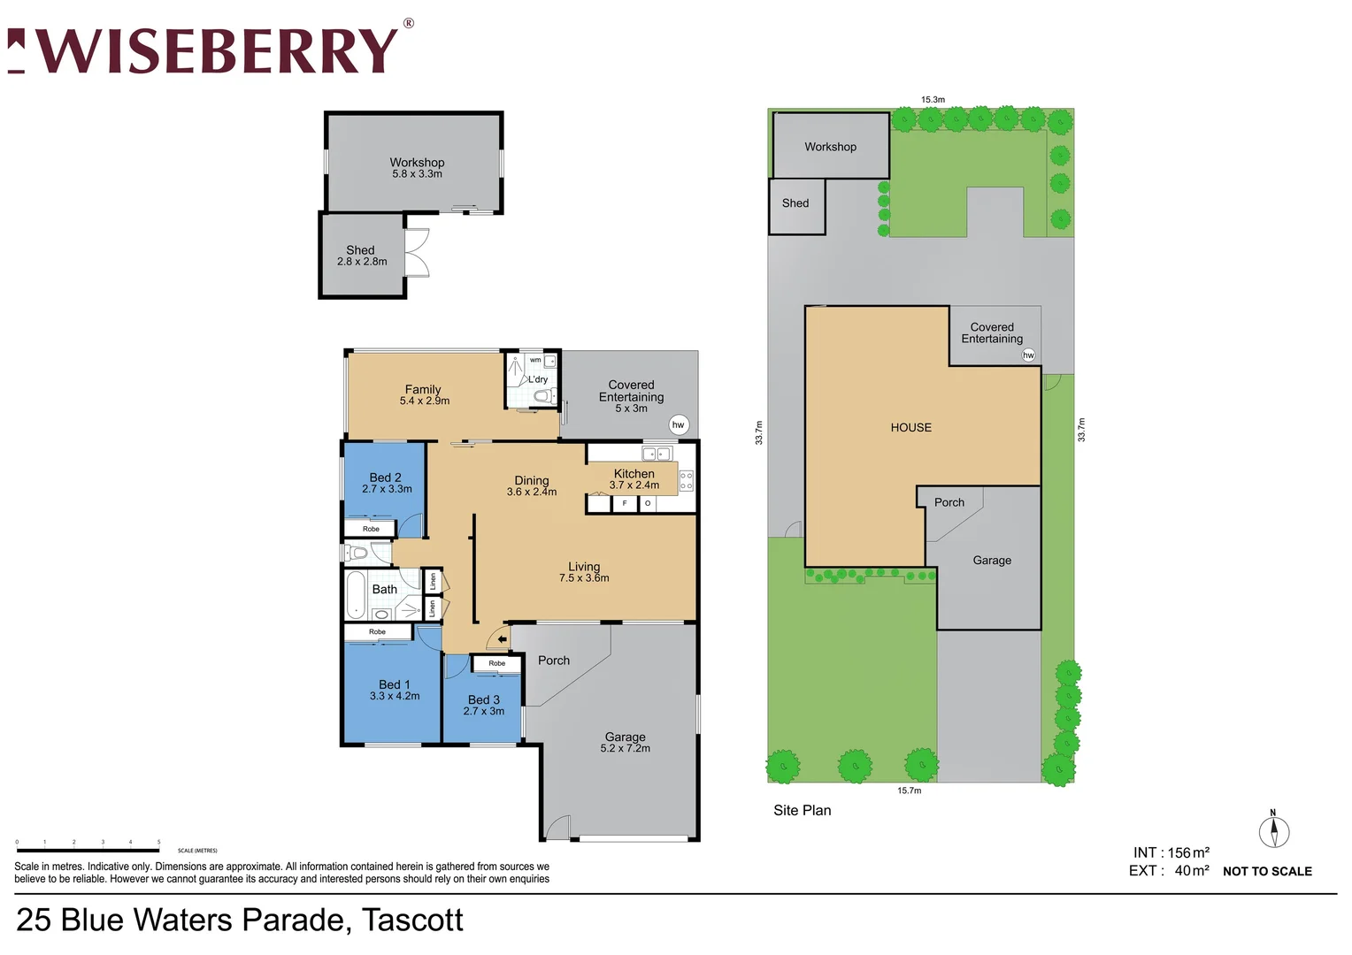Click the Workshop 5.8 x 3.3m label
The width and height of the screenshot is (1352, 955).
(x=417, y=168)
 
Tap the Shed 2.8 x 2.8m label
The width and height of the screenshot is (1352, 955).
(x=361, y=256)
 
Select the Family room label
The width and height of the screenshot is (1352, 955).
(x=424, y=394)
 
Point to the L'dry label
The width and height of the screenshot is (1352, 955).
(x=538, y=379)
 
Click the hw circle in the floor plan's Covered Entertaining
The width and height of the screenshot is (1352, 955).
(x=679, y=424)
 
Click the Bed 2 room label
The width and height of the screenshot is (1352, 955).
(x=386, y=483)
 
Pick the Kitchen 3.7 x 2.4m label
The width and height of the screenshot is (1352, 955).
(x=634, y=479)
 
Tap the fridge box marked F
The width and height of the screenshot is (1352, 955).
(x=625, y=503)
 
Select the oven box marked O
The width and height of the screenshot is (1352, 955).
(x=648, y=503)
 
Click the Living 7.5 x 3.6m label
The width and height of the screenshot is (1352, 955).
(x=584, y=572)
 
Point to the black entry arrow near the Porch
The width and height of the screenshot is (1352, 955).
(x=502, y=638)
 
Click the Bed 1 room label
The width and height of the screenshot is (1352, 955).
(x=395, y=690)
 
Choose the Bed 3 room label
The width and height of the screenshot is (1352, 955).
(x=484, y=705)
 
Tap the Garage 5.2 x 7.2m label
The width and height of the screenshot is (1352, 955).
(x=625, y=742)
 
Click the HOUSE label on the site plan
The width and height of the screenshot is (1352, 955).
(x=910, y=427)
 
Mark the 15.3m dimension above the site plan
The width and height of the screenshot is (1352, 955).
(x=933, y=100)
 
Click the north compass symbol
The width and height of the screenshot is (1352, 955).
(x=1274, y=831)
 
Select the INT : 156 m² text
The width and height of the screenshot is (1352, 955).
(x=1171, y=852)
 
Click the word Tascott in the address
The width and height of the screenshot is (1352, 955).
(x=412, y=920)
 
